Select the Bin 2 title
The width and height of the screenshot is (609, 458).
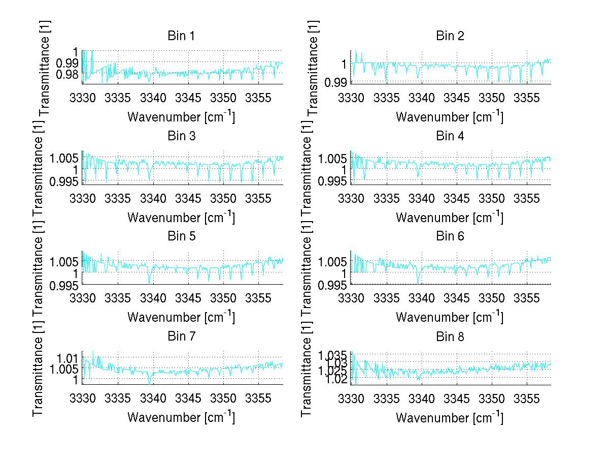click(450, 36)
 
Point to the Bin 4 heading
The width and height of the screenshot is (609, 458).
click(450, 136)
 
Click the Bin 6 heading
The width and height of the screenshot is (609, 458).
click(450, 236)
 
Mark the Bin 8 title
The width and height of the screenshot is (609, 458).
click(450, 337)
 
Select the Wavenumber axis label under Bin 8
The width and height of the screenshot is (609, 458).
click(450, 417)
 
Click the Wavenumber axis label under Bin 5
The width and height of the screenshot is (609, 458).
click(181, 317)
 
